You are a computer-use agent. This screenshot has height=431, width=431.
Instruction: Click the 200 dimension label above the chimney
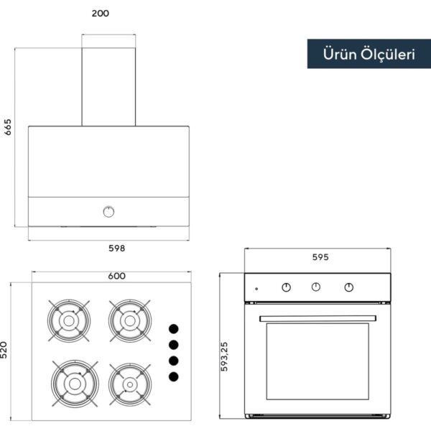tap(101, 13)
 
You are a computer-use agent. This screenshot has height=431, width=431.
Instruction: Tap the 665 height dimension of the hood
tap(8, 127)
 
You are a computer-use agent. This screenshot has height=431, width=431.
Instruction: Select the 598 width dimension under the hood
tap(117, 249)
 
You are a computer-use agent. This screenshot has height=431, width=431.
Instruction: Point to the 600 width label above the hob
tap(117, 276)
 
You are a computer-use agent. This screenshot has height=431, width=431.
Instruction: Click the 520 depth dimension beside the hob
tap(4, 350)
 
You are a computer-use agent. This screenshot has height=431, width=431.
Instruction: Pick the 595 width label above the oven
tap(320, 257)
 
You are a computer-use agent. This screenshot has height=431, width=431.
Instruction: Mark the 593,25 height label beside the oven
tap(224, 356)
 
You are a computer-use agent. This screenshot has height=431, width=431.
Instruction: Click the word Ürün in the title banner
tap(340, 54)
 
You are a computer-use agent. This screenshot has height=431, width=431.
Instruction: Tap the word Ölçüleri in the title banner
tap(388, 54)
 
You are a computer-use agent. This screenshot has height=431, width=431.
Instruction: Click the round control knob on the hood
tap(108, 212)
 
